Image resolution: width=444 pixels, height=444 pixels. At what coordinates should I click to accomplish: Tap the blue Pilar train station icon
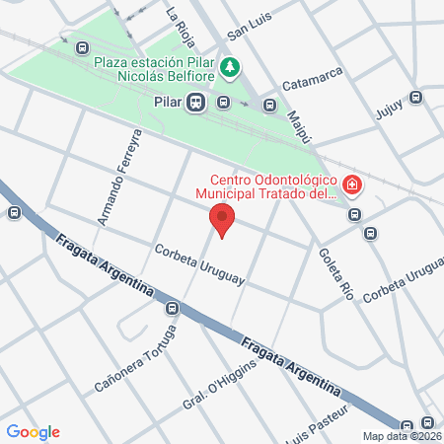[197, 101]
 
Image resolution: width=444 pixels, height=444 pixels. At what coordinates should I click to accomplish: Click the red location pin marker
[224, 221]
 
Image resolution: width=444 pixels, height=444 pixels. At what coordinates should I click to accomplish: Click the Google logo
[33, 431]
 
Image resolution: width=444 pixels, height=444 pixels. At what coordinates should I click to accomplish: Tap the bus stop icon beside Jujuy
[416, 97]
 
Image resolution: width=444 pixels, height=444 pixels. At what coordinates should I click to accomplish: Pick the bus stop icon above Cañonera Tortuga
[172, 308]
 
